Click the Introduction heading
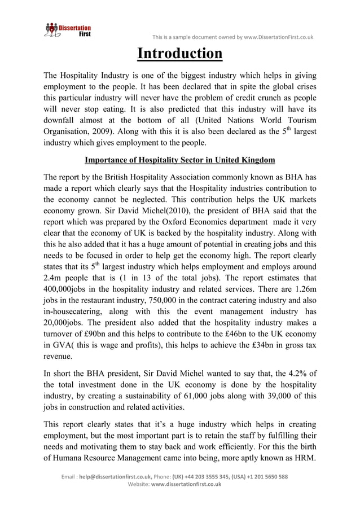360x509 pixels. tap(180, 54)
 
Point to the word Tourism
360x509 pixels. tap(298, 121)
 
